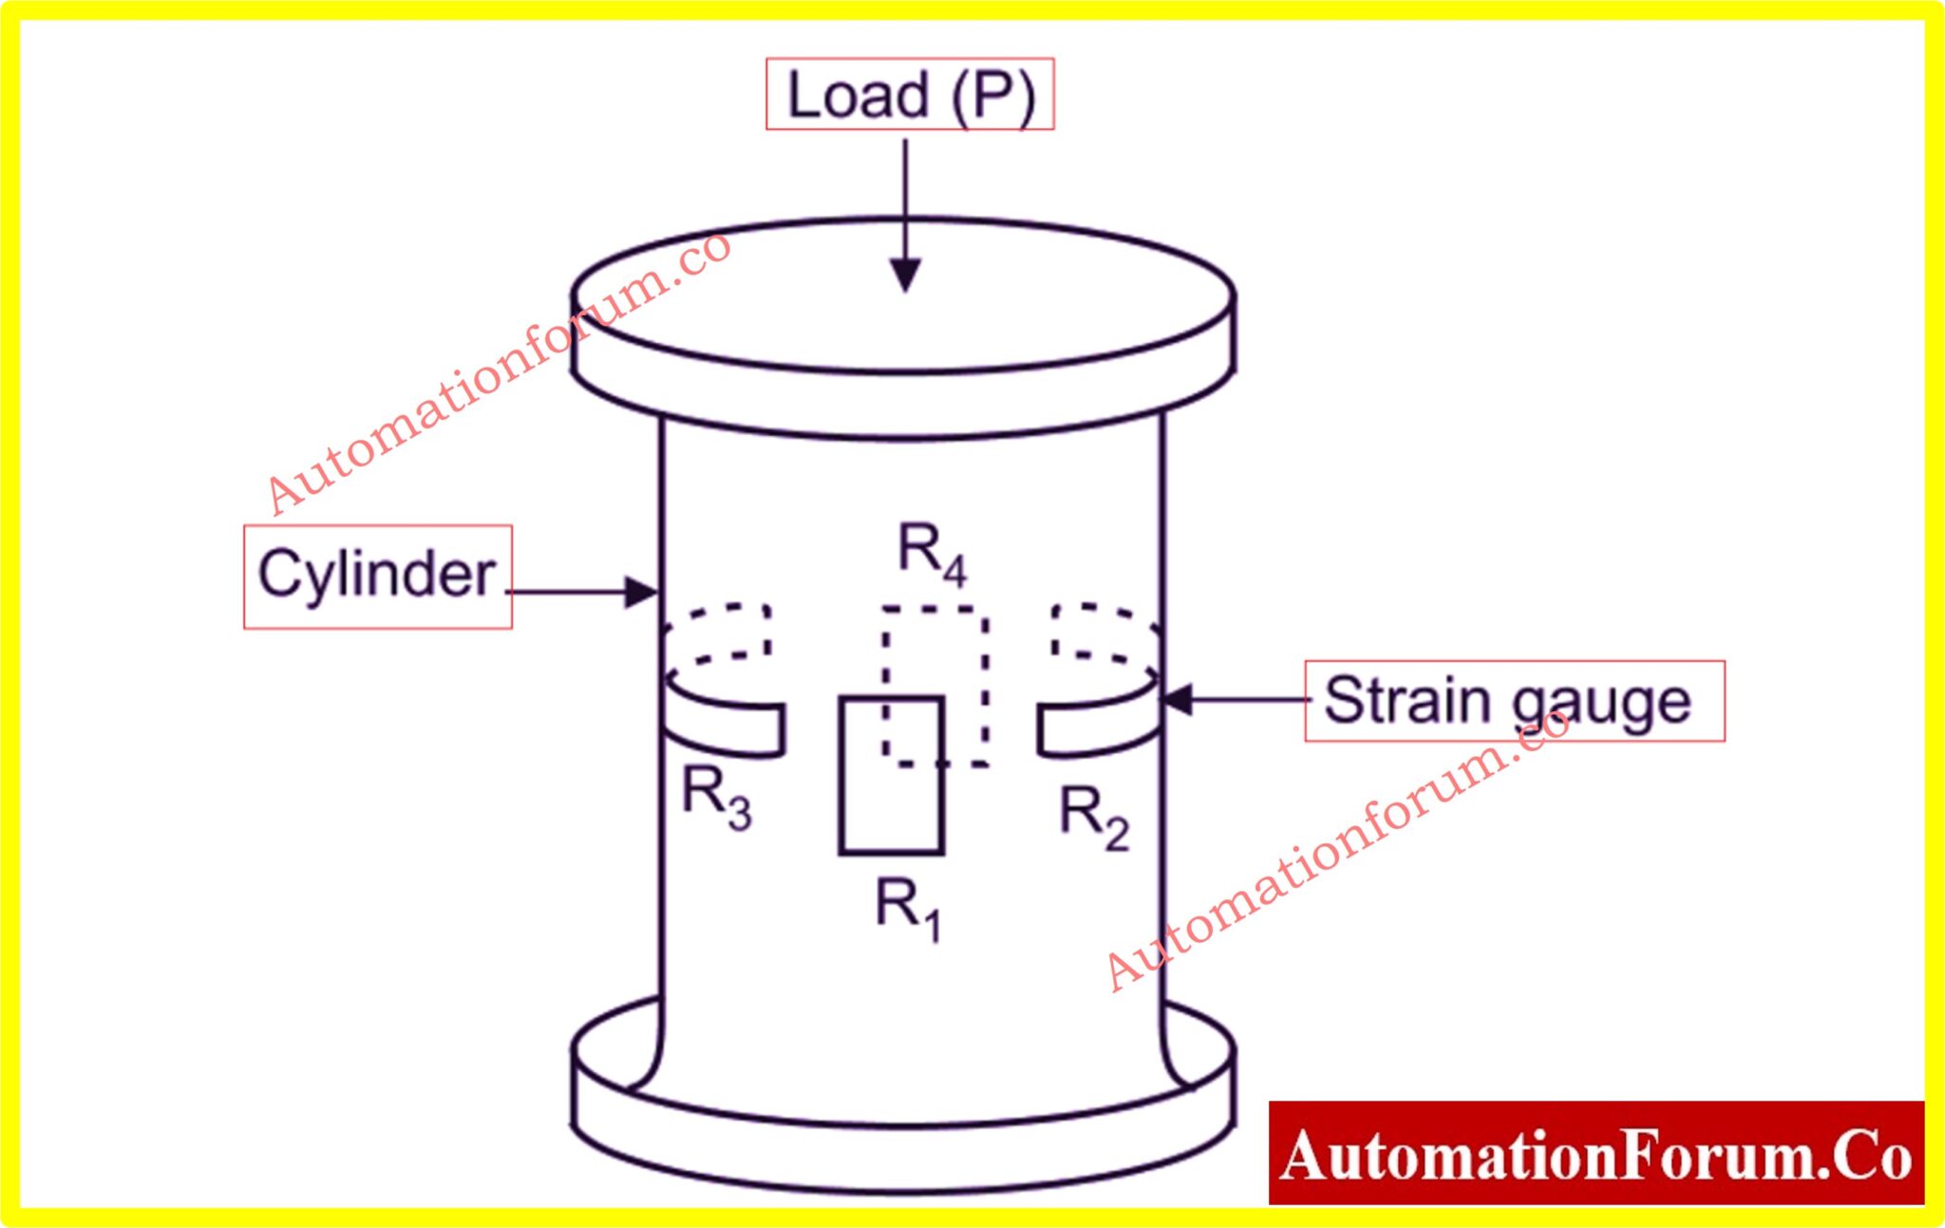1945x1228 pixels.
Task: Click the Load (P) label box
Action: pos(910,94)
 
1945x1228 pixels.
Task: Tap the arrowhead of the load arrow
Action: pos(906,275)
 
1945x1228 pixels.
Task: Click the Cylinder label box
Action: pos(377,576)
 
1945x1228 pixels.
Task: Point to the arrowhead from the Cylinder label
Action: pos(641,592)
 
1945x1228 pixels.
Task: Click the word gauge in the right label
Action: pos(1601,703)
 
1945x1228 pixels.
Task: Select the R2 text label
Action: pos(1094,817)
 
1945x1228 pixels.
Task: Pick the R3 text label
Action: pos(717,796)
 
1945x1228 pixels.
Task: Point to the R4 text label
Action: pos(932,555)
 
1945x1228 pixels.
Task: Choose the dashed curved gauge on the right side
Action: pos(1102,632)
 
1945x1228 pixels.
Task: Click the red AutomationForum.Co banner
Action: pos(1596,1153)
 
